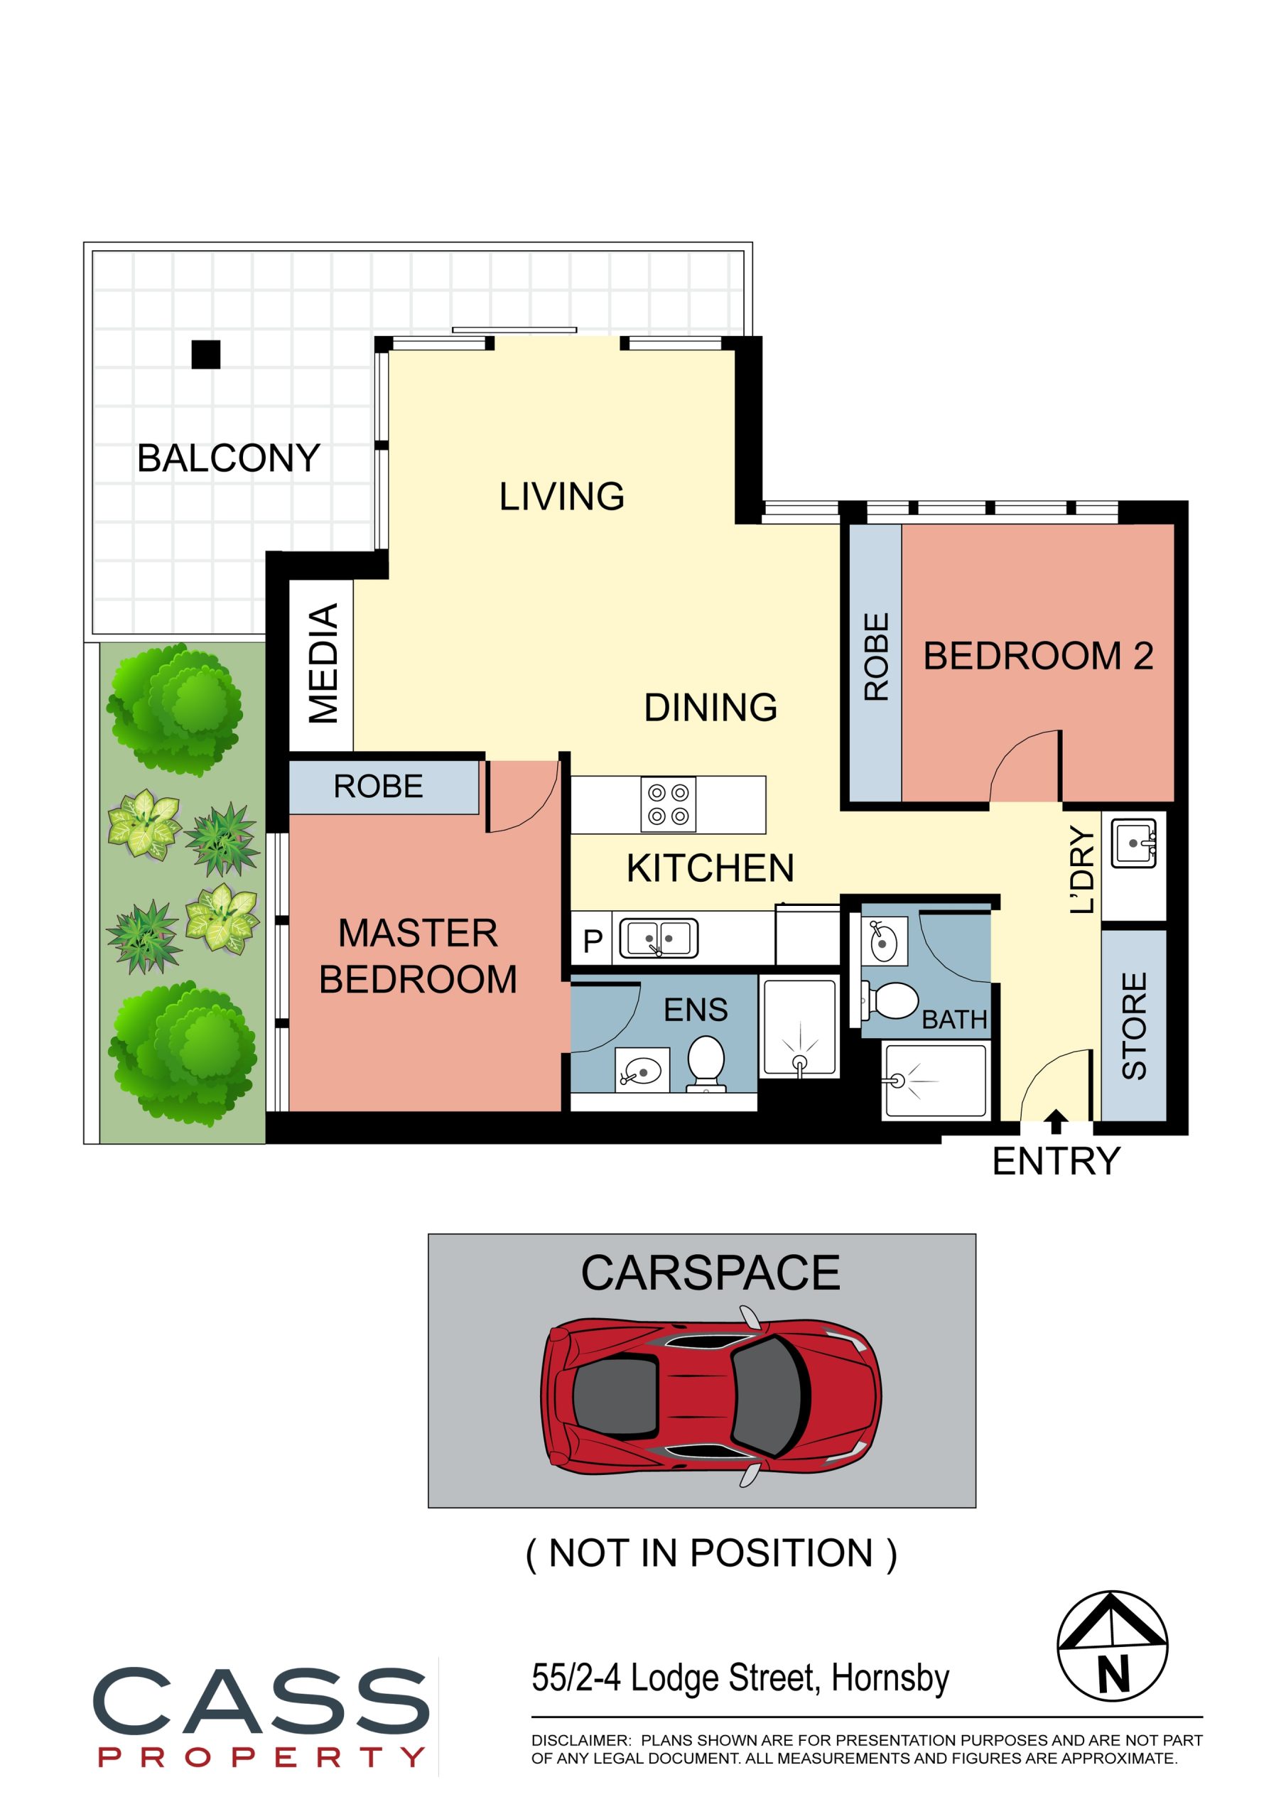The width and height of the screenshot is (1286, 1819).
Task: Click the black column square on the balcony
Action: [206, 354]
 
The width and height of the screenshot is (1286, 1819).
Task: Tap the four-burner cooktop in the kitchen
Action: [668, 804]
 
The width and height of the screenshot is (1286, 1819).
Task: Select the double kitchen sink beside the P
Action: [658, 939]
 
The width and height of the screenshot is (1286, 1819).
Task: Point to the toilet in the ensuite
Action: [706, 1064]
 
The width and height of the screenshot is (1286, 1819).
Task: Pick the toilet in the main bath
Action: [891, 1001]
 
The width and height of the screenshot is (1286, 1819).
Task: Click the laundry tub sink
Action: [1134, 843]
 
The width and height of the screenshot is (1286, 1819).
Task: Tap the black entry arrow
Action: [1055, 1121]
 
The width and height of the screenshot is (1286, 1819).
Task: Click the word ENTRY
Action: [1057, 1162]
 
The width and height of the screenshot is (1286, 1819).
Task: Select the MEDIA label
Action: [323, 664]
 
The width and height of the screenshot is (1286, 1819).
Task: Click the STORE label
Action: [1135, 1026]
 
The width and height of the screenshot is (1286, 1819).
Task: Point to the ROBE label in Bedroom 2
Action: [876, 657]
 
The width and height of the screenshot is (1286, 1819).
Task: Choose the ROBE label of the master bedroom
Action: [378, 787]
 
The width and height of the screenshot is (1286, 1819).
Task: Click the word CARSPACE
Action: [710, 1273]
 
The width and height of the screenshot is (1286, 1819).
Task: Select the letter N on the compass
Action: [1113, 1675]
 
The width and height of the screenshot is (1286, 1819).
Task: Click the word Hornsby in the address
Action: [890, 1677]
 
